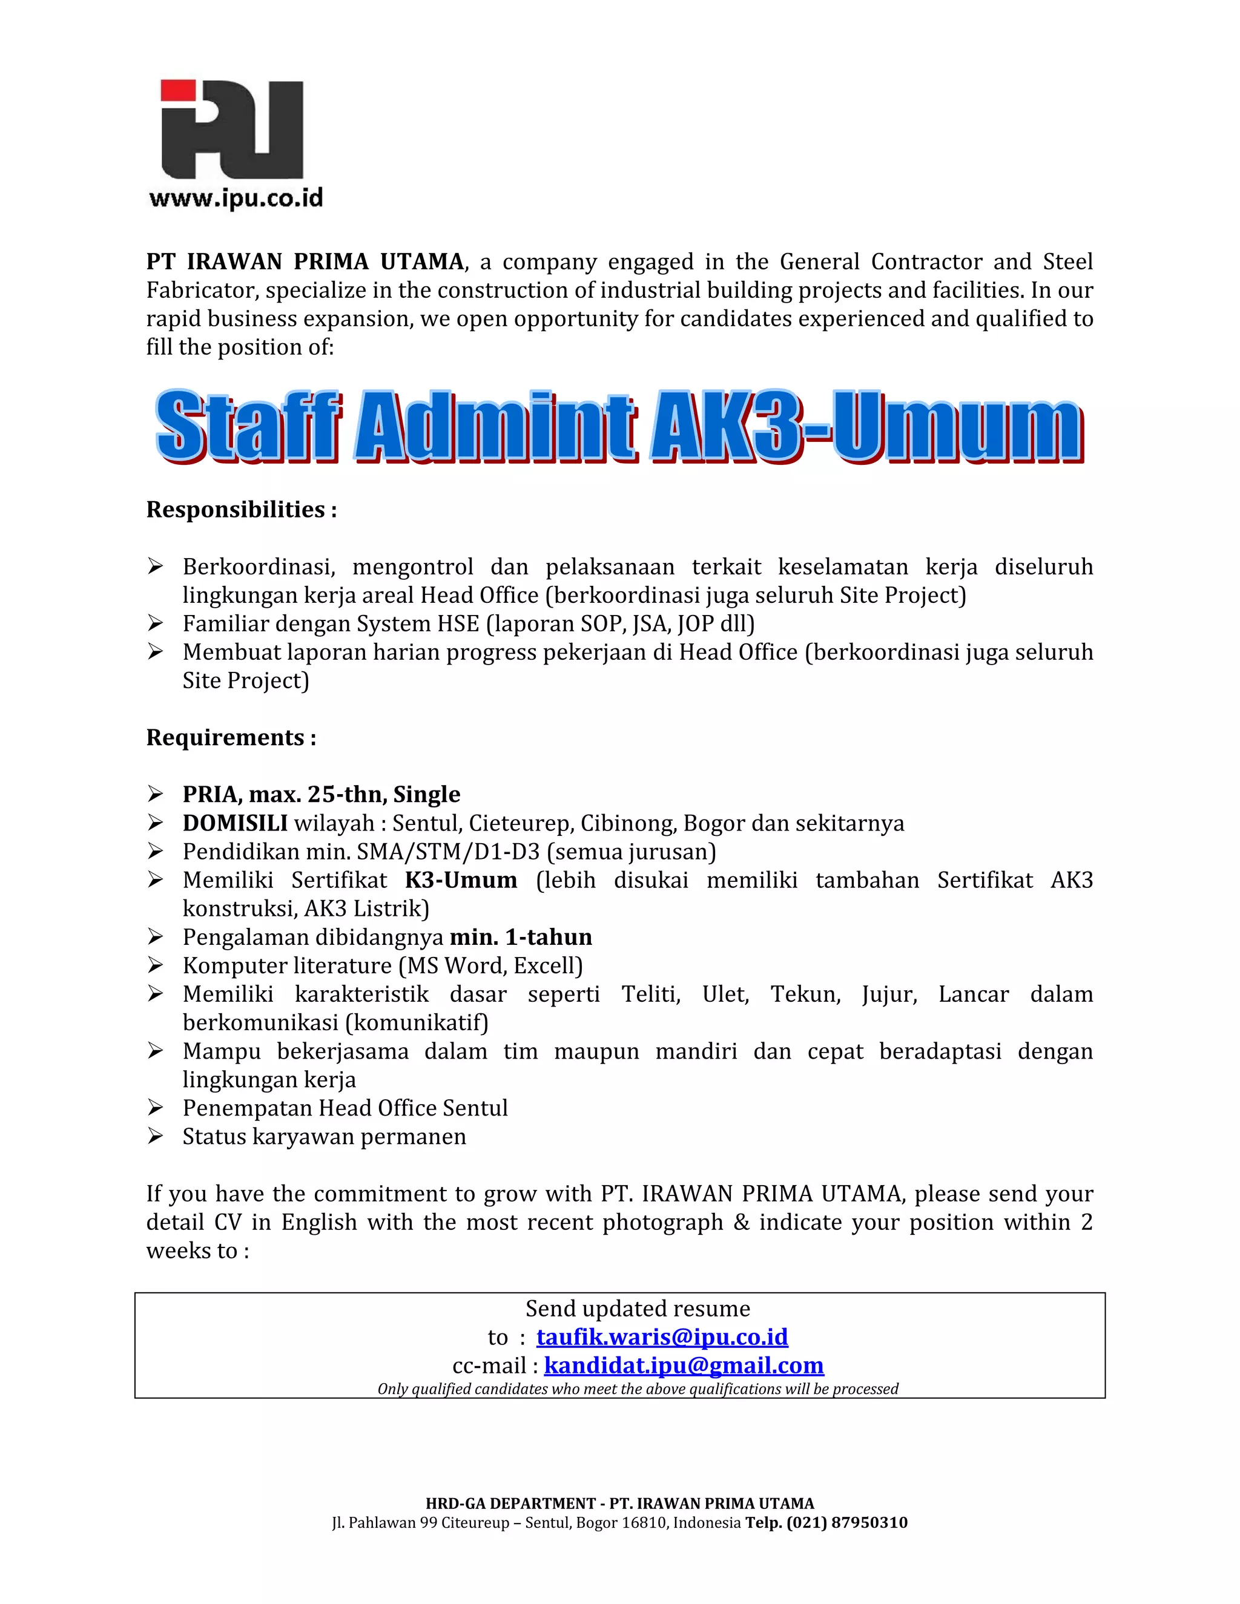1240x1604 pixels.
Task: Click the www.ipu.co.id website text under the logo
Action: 236,199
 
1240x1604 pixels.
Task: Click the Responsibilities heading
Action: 241,509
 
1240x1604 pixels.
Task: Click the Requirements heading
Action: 231,737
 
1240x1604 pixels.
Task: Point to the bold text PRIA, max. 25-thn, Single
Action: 321,794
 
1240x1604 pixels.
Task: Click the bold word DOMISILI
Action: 235,823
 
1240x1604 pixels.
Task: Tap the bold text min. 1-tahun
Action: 521,937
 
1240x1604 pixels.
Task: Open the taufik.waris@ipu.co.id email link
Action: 662,1336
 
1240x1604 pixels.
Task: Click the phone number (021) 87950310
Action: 847,1522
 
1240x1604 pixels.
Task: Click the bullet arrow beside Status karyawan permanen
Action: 155,1136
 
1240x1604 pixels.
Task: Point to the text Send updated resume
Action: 638,1308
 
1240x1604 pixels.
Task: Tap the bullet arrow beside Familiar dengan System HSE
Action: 155,623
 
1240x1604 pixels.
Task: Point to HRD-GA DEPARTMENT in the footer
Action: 510,1504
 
